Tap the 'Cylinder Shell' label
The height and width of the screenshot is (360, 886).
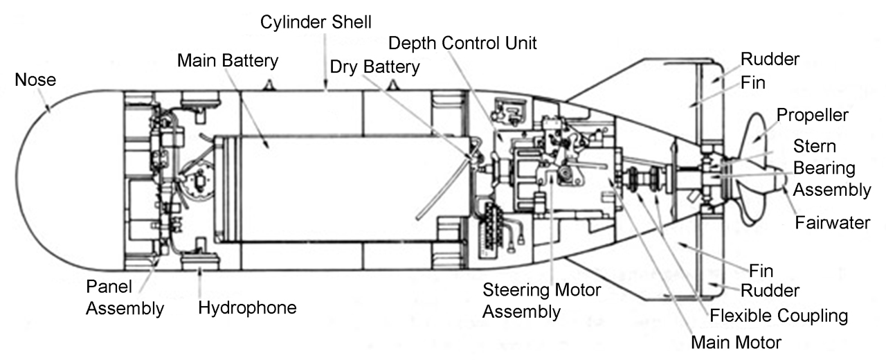[x=316, y=21]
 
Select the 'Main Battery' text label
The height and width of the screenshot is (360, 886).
[x=228, y=60]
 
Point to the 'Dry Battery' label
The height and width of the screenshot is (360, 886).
[x=374, y=67]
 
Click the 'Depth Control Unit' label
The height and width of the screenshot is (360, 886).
[x=462, y=43]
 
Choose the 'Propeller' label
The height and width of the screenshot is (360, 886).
[x=812, y=114]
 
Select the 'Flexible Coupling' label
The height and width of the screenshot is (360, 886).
[x=779, y=316]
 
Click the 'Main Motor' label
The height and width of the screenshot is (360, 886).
[x=736, y=342]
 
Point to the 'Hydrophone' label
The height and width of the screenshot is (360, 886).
[x=247, y=307]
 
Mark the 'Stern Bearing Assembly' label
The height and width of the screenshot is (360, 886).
[x=831, y=168]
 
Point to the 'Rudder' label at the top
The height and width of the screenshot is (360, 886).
[x=770, y=59]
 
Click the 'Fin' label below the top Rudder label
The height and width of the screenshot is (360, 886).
[x=753, y=82]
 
